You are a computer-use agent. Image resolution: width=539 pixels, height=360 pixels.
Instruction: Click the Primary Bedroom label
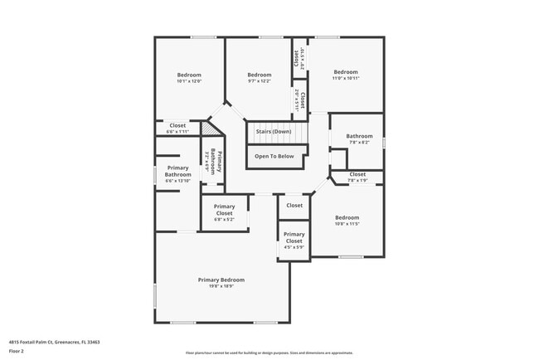click(x=221, y=280)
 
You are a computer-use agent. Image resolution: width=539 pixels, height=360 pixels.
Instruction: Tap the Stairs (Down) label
click(x=273, y=132)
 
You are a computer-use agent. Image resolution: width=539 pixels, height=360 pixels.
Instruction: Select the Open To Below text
click(x=274, y=156)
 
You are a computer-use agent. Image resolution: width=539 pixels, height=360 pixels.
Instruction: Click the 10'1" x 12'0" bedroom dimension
click(x=189, y=81)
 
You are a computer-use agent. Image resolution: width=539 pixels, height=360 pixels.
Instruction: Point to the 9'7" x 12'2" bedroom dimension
click(x=260, y=81)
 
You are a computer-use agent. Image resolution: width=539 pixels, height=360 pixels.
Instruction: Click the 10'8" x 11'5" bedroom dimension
click(x=347, y=224)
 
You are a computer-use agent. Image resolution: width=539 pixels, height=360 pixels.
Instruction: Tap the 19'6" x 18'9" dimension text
click(x=221, y=286)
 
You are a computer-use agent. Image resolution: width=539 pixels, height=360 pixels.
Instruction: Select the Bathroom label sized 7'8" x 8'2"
click(x=359, y=136)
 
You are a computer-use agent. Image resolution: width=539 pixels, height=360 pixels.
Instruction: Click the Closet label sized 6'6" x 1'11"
click(x=177, y=125)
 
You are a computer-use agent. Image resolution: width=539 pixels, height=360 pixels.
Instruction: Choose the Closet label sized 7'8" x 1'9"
click(x=357, y=174)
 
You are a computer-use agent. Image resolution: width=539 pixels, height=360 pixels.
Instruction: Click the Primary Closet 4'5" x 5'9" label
click(x=294, y=238)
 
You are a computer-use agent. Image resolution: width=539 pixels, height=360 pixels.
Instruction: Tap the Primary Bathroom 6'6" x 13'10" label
click(x=177, y=172)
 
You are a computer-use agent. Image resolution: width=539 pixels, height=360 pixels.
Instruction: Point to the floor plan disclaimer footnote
click(x=269, y=352)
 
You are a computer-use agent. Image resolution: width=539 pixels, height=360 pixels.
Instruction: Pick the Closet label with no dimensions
click(x=294, y=205)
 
